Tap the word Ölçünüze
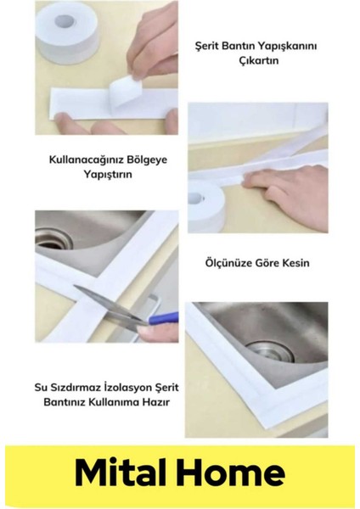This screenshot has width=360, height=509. click(225, 263)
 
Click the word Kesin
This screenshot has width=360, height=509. click(293, 263)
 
